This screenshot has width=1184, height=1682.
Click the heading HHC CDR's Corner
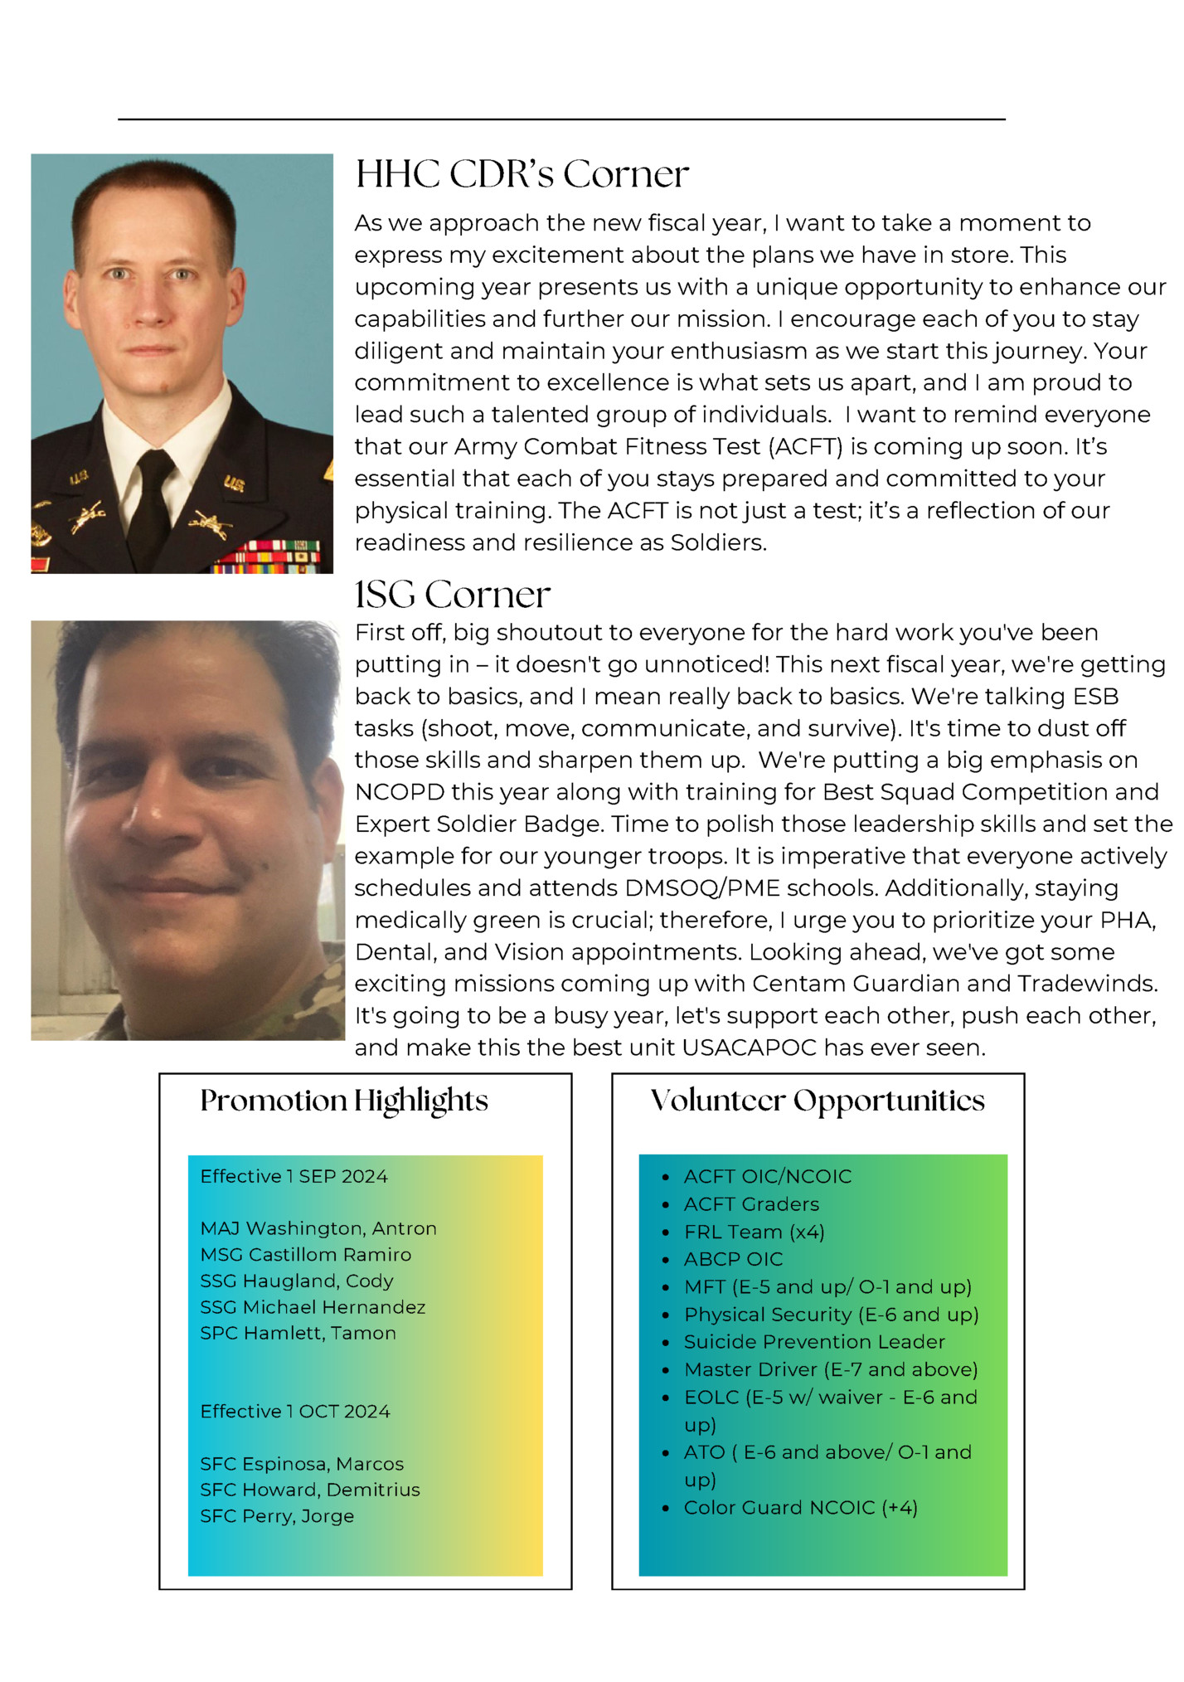click(522, 175)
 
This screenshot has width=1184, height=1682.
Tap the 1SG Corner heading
click(452, 595)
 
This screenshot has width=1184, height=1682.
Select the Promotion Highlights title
click(344, 1101)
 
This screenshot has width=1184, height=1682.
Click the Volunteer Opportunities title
click(818, 1101)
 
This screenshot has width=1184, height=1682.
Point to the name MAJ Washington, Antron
click(318, 1228)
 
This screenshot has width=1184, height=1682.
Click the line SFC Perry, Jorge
click(276, 1516)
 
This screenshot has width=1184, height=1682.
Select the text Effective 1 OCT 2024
click(294, 1412)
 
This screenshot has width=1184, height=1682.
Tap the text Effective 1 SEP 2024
click(294, 1177)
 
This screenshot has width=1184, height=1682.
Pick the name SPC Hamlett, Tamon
click(298, 1334)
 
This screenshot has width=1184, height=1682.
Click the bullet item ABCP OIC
click(733, 1260)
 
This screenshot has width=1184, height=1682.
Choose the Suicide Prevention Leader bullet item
click(813, 1342)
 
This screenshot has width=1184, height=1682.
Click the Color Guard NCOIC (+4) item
click(800, 1508)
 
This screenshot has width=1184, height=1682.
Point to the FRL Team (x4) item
click(754, 1232)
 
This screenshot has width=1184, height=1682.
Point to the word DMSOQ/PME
click(702, 888)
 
